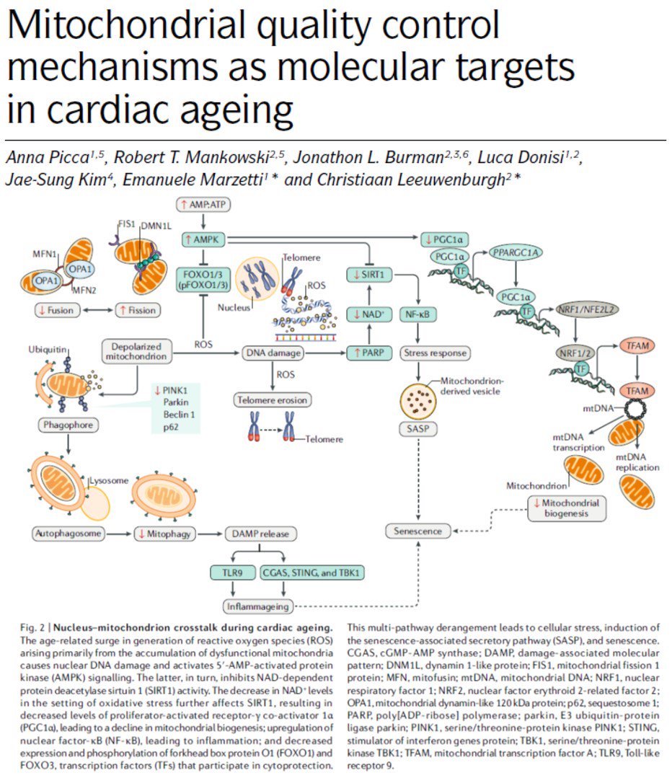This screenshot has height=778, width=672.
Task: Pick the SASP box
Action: coord(417,428)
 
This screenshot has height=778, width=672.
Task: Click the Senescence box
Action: coord(417,531)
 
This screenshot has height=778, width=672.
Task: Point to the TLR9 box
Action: coord(226,573)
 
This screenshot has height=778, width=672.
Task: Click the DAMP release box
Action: coord(260,534)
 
